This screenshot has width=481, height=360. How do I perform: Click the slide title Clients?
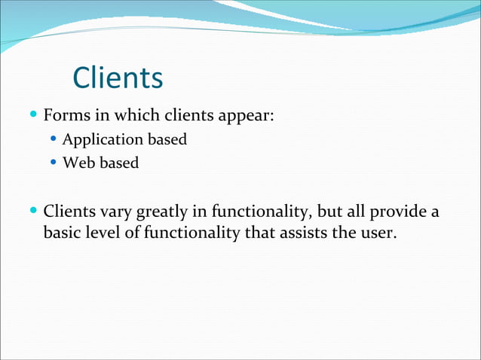118,77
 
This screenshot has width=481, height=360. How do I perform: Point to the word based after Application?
167,140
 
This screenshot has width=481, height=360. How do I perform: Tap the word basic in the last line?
63,233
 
